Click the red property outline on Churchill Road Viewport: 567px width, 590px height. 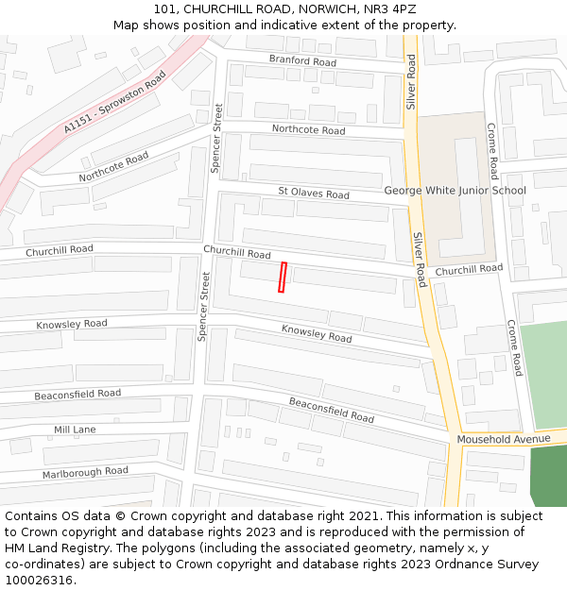pos(282,277)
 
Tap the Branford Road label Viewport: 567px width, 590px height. pos(302,61)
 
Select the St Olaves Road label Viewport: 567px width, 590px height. pos(313,193)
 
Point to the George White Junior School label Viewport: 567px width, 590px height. pos(455,191)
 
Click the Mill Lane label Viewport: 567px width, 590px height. pos(75,430)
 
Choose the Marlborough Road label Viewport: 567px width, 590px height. pos(85,471)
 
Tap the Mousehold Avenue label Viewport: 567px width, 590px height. pos(504,439)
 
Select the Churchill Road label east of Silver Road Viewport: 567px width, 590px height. pos(469,270)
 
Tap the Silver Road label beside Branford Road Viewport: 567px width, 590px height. pos(411,81)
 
